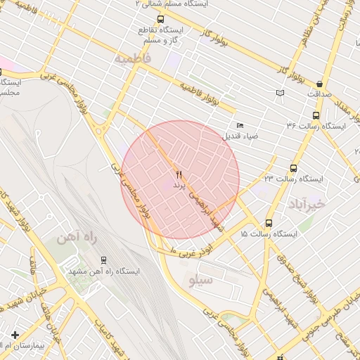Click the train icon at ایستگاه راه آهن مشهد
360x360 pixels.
(103, 259)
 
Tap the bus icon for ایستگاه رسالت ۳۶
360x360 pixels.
(315, 115)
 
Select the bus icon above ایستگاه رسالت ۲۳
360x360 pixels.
(293, 168)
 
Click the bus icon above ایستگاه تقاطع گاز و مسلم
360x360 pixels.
(161, 19)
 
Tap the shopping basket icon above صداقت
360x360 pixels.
(320, 84)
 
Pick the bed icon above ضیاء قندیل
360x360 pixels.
(240, 125)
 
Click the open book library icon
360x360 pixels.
(281, 93)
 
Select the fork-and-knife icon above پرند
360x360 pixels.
(178, 174)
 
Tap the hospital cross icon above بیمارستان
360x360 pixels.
(15, 334)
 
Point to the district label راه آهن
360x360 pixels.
(77, 237)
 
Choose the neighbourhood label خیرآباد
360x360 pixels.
(308, 204)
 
